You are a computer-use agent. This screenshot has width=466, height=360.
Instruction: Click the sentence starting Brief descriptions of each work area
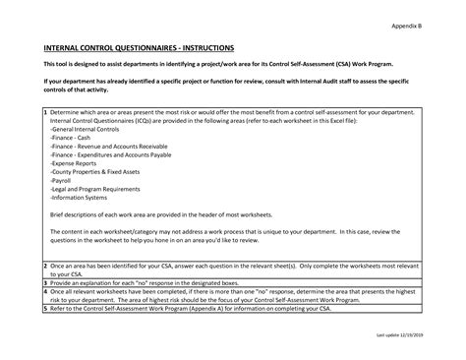point(147,213)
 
